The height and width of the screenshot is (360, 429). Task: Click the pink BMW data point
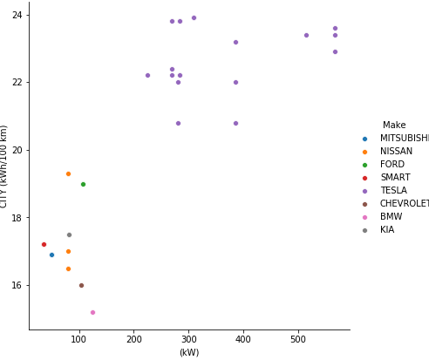pyautogui.click(x=92, y=312)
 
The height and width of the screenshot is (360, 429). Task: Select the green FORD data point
pyautogui.click(x=83, y=184)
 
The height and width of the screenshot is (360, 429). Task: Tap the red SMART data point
pyautogui.click(x=44, y=244)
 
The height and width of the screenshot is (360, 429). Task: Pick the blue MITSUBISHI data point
pyautogui.click(x=51, y=255)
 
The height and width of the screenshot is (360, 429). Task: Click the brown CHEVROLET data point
pyautogui.click(x=81, y=285)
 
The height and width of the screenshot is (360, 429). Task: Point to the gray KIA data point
pyautogui.click(x=69, y=234)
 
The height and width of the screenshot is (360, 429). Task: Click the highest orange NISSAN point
pyautogui.click(x=68, y=173)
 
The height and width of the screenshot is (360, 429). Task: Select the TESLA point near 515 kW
pyautogui.click(x=306, y=35)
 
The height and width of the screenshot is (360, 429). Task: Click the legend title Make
pyautogui.click(x=394, y=126)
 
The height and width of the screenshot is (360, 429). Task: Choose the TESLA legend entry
pyautogui.click(x=395, y=191)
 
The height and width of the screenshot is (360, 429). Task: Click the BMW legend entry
pyautogui.click(x=391, y=217)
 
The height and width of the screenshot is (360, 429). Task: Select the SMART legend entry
pyautogui.click(x=395, y=178)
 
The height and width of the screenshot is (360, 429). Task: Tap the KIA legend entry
pyautogui.click(x=387, y=230)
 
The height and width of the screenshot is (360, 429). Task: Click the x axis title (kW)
pyautogui.click(x=189, y=352)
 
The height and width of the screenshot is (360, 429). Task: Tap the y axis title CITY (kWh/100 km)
pyautogui.click(x=5, y=166)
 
